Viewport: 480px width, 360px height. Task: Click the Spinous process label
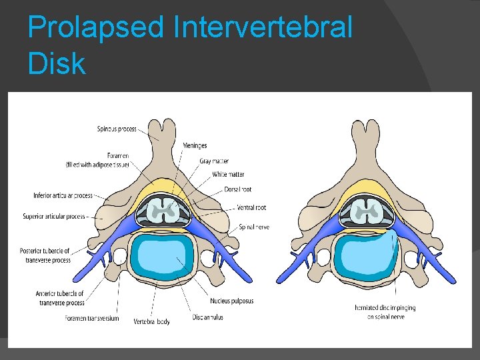click(117, 129)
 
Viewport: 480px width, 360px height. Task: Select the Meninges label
click(195, 146)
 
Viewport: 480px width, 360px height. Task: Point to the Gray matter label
click(215, 161)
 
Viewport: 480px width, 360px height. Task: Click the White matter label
click(228, 175)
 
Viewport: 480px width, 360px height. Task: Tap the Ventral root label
click(253, 208)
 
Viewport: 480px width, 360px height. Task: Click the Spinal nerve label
click(254, 227)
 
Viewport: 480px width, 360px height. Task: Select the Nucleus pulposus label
click(231, 301)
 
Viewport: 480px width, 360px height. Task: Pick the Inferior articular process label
click(63, 196)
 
